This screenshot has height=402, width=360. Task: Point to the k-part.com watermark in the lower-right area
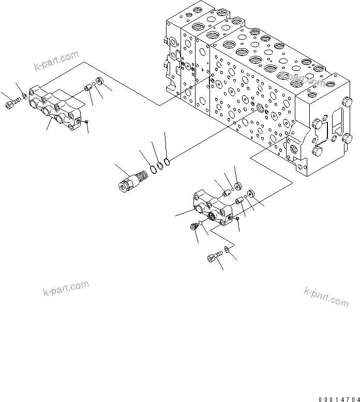coord(326,296)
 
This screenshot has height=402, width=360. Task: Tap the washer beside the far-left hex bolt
coord(25,96)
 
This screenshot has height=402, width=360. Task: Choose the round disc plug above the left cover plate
coord(99,81)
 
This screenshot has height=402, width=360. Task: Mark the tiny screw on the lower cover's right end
coord(236,219)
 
